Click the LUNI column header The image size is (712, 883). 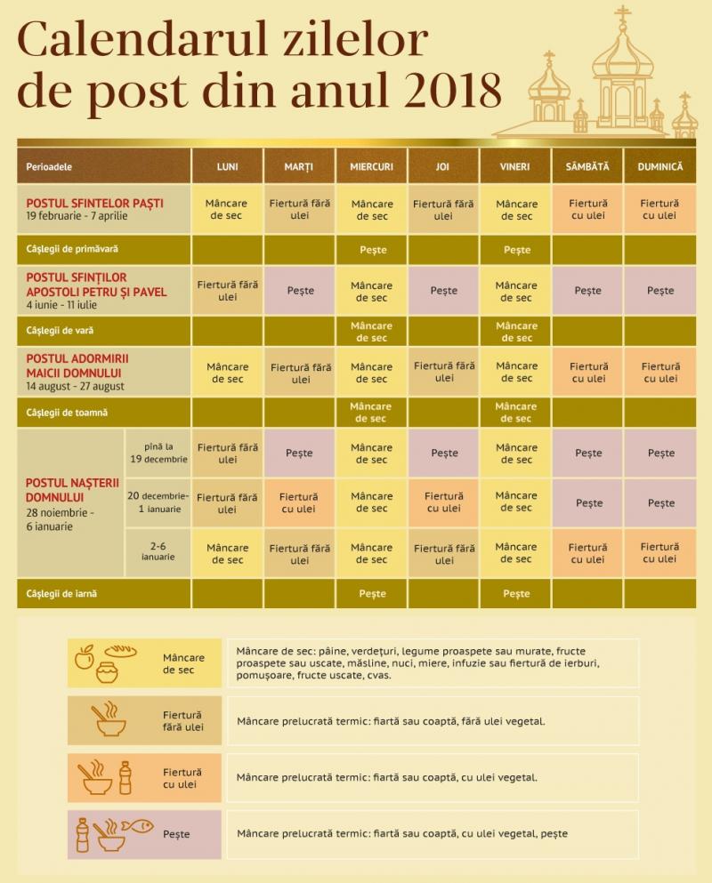point(227,166)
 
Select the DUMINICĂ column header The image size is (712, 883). point(659,166)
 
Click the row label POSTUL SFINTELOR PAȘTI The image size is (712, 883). point(94,203)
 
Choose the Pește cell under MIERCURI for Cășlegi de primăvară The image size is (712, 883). point(373,250)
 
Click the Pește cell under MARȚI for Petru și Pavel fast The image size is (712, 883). point(300,291)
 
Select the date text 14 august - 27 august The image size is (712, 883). point(76,387)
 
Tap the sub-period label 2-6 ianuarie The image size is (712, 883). point(157,551)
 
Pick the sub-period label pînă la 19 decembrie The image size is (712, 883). point(157,453)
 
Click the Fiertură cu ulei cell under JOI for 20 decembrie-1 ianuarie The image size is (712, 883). point(443,502)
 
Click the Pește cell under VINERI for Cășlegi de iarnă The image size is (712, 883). point(516,594)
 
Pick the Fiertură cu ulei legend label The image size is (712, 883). point(182,778)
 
